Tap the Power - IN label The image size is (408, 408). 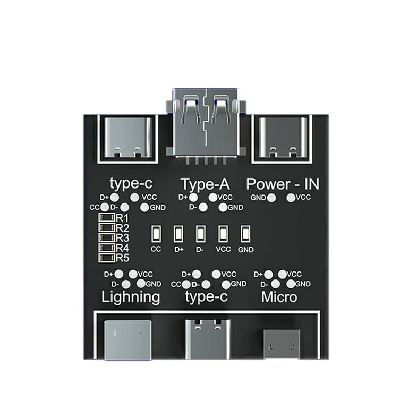(x=286, y=184)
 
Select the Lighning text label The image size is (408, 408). (x=131, y=296)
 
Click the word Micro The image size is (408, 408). (x=279, y=296)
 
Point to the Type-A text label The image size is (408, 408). (x=205, y=184)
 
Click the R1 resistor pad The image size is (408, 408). (x=107, y=218)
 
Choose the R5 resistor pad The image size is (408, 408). (x=107, y=258)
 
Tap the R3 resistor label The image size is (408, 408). (x=122, y=237)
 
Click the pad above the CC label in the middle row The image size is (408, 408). (x=156, y=233)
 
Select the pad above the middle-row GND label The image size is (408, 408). (x=245, y=233)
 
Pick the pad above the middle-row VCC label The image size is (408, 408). (x=223, y=233)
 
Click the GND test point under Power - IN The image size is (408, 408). (x=271, y=198)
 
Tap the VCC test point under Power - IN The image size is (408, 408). (x=291, y=198)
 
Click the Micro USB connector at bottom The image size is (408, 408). (x=282, y=344)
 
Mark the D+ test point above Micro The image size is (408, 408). (x=269, y=274)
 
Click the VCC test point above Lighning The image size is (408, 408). (x=133, y=274)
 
